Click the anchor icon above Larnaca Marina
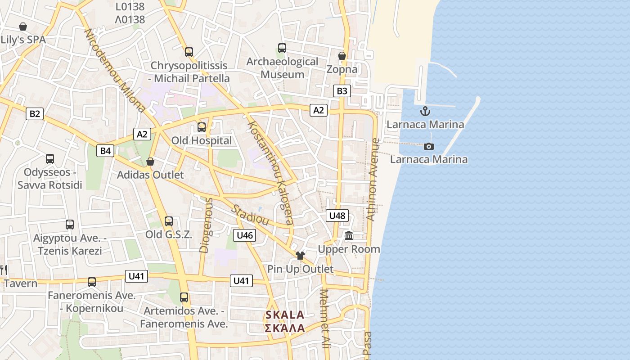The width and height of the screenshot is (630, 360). (x=425, y=111)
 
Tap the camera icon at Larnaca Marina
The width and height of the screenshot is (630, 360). (x=429, y=146)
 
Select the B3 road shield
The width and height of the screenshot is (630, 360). (x=342, y=91)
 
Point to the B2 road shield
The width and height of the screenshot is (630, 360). (x=34, y=114)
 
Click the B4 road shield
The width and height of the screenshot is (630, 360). (x=105, y=151)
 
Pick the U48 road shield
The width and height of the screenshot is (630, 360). (x=337, y=216)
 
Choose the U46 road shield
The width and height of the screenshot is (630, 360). (x=245, y=235)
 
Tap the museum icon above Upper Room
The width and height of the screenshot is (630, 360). (x=349, y=235)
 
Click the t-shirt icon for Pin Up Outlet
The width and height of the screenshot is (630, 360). (x=300, y=256)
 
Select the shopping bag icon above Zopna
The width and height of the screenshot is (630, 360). (x=342, y=56)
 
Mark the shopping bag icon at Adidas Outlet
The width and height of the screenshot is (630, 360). (x=150, y=162)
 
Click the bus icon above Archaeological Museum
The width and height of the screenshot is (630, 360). (x=282, y=48)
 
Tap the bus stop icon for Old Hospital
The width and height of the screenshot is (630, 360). (x=201, y=127)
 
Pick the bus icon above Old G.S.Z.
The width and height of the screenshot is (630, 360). (x=169, y=221)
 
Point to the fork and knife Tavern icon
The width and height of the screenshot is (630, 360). (x=3, y=270)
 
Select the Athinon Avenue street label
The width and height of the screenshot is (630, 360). (x=373, y=179)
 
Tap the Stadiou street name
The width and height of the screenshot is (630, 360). (x=250, y=215)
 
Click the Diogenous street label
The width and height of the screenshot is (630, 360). (x=205, y=225)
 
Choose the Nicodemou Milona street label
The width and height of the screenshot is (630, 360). (x=115, y=71)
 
